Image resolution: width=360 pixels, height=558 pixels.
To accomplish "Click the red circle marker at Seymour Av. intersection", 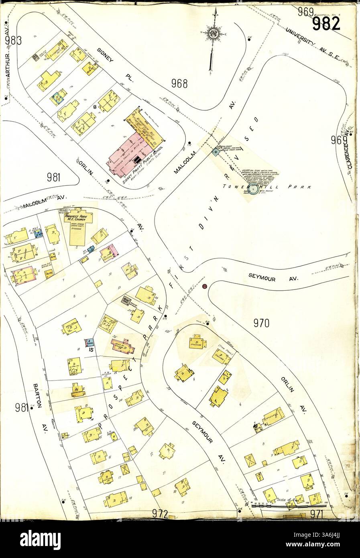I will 205,286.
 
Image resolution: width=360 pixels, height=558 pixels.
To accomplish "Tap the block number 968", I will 179,83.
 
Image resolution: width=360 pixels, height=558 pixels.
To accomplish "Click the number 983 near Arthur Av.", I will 13,40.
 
